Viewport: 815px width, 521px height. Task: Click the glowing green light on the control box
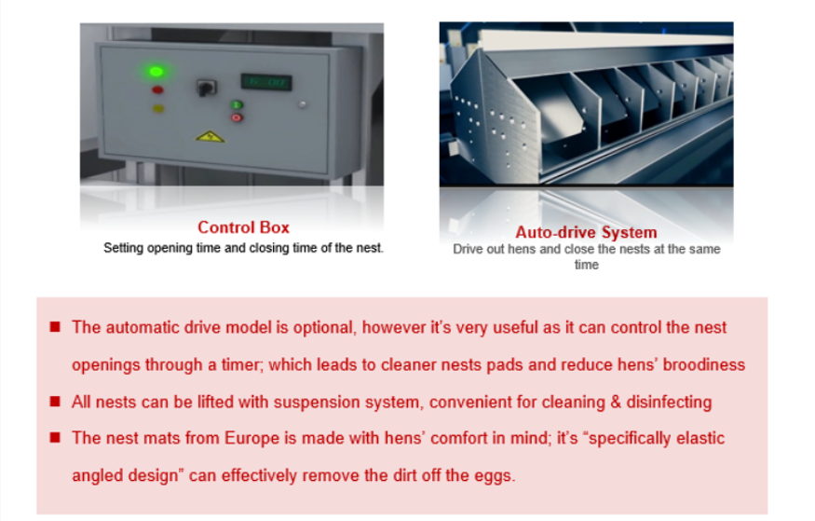pyautogui.click(x=156, y=71)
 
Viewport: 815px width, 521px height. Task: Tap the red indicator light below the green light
pyautogui.click(x=157, y=90)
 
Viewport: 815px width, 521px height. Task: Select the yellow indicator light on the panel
pyautogui.click(x=158, y=109)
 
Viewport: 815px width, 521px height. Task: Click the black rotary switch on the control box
pyautogui.click(x=206, y=88)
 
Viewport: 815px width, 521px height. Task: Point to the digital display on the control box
pyautogui.click(x=265, y=82)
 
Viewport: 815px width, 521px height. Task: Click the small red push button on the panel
pyautogui.click(x=237, y=117)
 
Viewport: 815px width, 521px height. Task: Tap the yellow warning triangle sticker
pyautogui.click(x=210, y=137)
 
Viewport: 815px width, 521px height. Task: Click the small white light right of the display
pyautogui.click(x=302, y=104)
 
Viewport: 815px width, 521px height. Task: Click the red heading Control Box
pyautogui.click(x=243, y=227)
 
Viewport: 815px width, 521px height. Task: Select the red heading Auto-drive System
pyautogui.click(x=586, y=232)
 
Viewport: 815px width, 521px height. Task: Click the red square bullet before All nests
pyautogui.click(x=55, y=402)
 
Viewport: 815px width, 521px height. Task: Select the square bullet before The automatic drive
pyautogui.click(x=55, y=326)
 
